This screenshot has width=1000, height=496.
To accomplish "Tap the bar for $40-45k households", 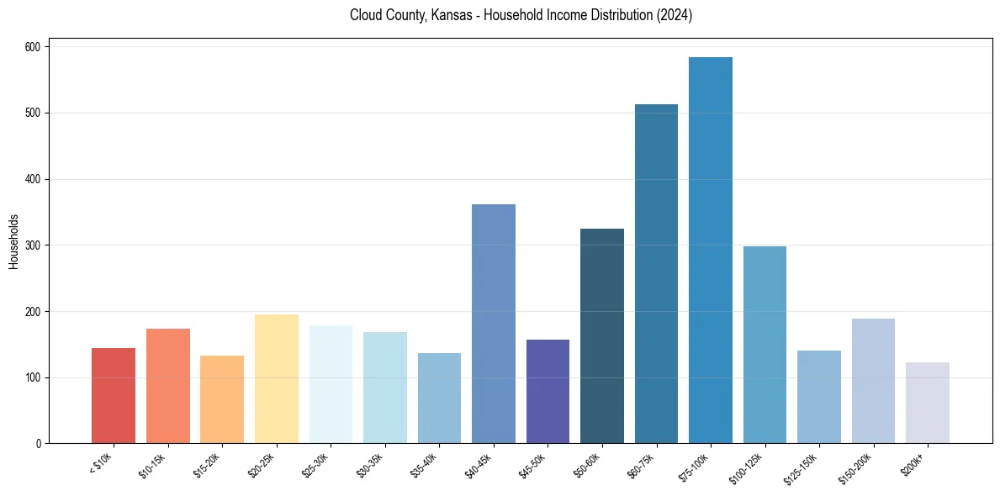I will [493, 324].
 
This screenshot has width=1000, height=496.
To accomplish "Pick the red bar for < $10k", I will [114, 396].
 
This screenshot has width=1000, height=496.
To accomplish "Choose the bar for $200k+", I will [927, 403].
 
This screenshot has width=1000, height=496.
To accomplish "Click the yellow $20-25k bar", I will [276, 379].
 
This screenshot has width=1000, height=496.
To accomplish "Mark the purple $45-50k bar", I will [548, 392].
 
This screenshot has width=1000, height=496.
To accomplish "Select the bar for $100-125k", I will [765, 345].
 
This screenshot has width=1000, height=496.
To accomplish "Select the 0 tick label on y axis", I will [38, 444].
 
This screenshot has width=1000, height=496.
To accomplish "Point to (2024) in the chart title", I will [674, 15].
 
